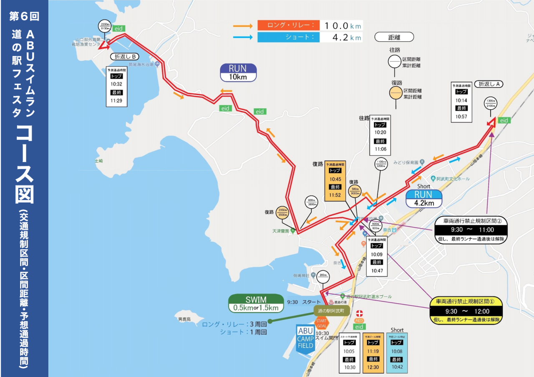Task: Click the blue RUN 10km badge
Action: click(x=238, y=73)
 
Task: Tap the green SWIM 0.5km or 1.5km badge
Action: click(x=256, y=304)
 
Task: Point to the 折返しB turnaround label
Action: click(x=124, y=56)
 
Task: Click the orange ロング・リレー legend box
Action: click(x=288, y=25)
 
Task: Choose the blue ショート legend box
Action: click(x=288, y=37)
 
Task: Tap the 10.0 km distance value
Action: click(x=341, y=25)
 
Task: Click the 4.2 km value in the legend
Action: click(x=341, y=38)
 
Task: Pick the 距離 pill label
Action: click(x=394, y=37)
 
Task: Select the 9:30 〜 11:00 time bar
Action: click(x=471, y=230)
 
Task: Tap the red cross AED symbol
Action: click(x=360, y=313)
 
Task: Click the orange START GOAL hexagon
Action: click(x=321, y=323)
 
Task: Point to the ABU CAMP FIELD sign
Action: click(x=305, y=339)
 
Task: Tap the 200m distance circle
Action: click(x=323, y=276)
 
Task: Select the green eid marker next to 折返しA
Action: click(x=504, y=120)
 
